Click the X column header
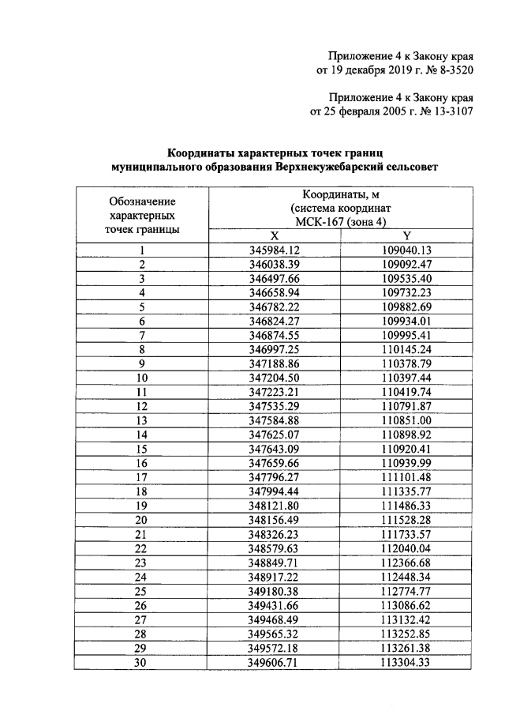point(275,235)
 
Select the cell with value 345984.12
point(275,250)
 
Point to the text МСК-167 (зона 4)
point(341,222)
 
